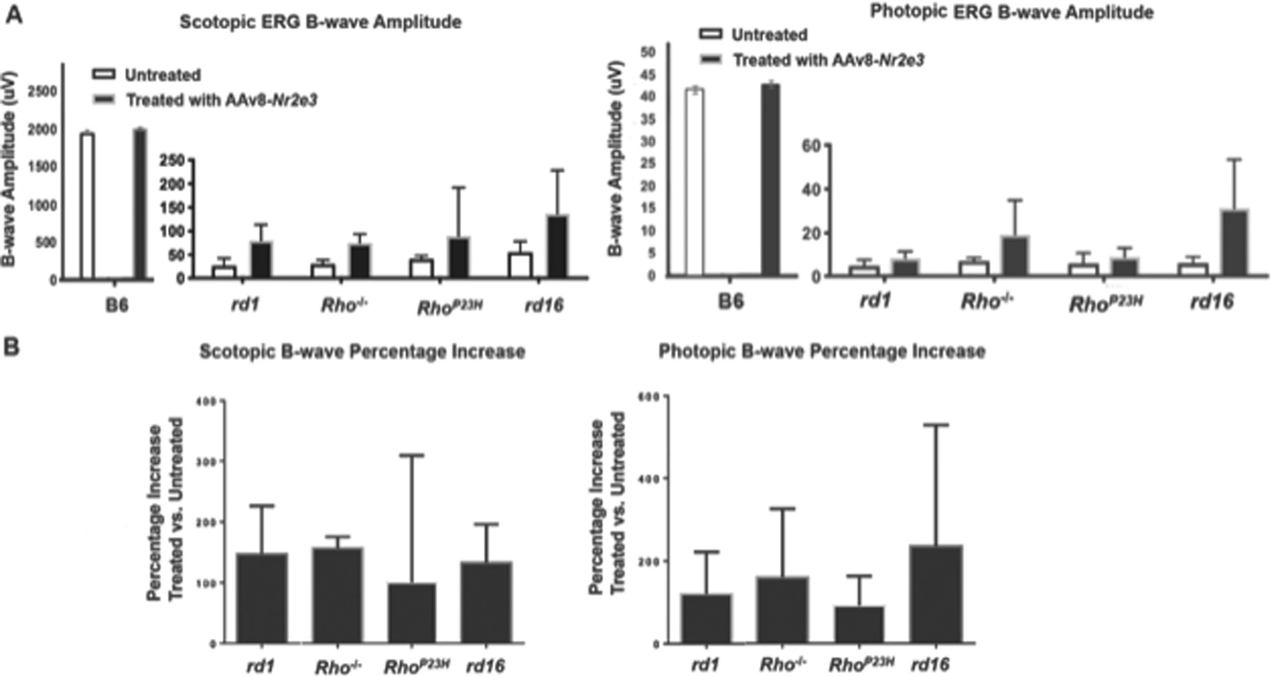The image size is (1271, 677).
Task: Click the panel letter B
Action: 12,348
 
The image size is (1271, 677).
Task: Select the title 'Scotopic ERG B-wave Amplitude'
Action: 320,22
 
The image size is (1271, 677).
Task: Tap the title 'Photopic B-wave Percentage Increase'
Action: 821,352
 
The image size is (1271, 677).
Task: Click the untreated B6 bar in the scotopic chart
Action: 87,206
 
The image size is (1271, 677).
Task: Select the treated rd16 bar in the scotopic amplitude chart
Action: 556,247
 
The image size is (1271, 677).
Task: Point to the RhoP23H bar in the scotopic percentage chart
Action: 412,613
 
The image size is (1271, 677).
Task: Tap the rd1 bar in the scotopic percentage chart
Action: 262,597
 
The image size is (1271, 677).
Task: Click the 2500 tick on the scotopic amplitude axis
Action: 43,92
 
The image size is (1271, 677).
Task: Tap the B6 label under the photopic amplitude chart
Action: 731,302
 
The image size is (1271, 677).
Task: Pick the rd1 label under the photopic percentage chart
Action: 705,665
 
